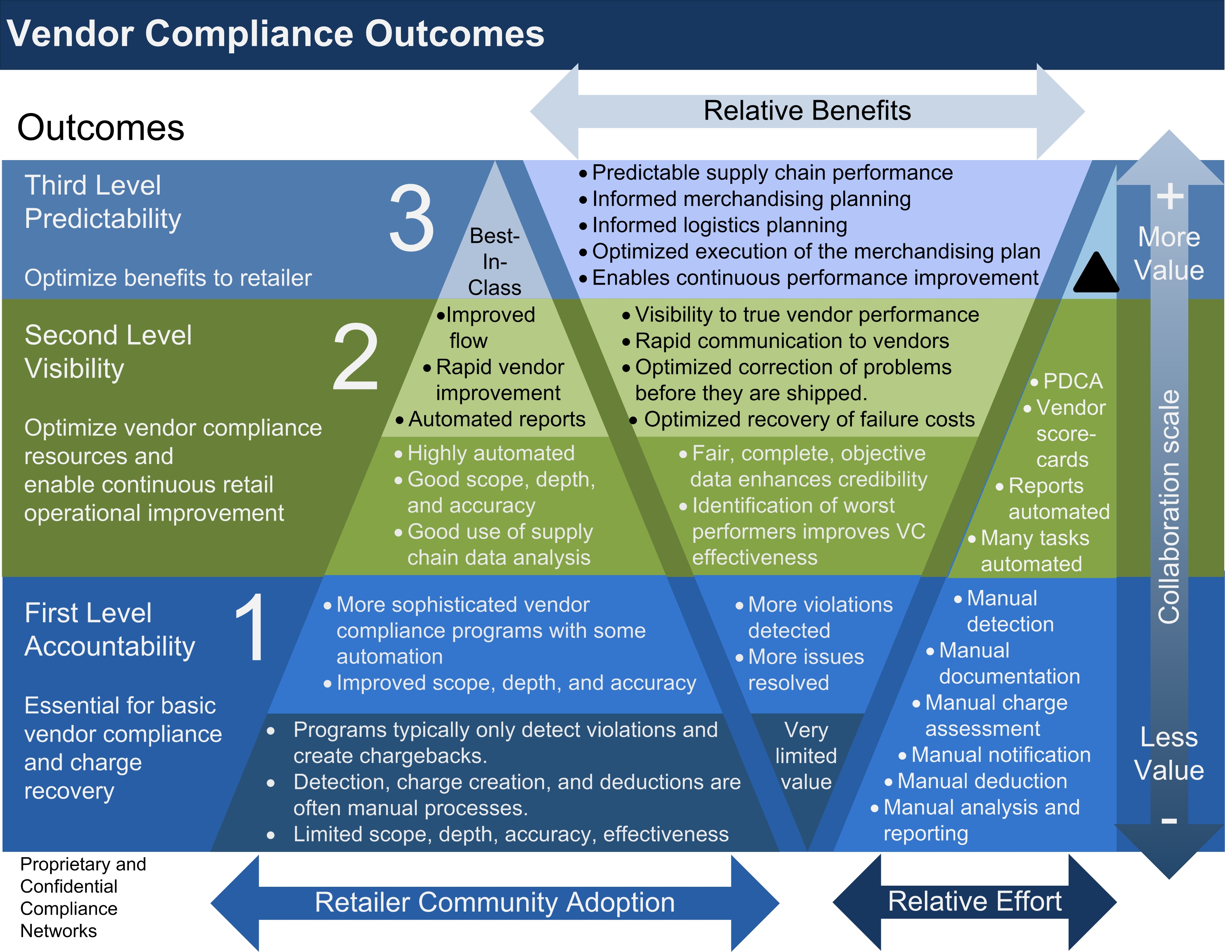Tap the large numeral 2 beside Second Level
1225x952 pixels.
click(356, 357)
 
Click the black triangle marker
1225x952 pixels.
click(1095, 273)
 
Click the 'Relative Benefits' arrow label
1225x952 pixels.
click(807, 110)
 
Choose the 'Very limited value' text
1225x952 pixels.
click(806, 756)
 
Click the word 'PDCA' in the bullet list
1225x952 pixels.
click(1072, 381)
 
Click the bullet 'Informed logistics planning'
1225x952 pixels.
click(719, 225)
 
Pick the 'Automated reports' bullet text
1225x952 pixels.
click(497, 419)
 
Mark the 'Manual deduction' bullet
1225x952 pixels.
click(982, 781)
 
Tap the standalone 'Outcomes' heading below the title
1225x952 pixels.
click(100, 127)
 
